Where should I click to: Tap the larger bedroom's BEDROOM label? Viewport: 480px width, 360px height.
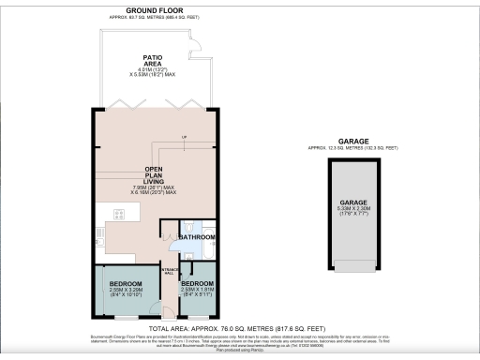coord(126,283)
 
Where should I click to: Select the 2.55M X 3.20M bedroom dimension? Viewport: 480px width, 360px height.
coord(126,292)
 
